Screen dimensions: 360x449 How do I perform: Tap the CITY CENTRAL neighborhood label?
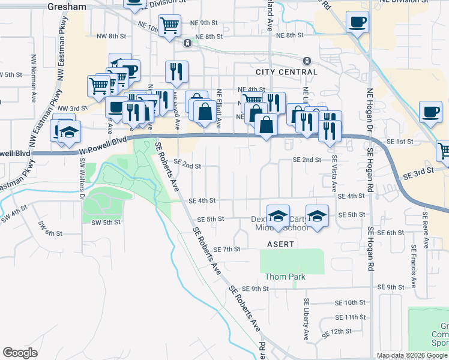click(286, 72)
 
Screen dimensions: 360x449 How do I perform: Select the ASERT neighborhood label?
click(280, 244)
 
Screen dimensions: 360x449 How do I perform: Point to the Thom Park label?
click(285, 277)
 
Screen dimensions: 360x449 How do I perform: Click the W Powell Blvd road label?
click(104, 145)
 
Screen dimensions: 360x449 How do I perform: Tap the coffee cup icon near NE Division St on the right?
click(357, 23)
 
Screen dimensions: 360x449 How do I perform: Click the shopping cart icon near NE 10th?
click(170, 26)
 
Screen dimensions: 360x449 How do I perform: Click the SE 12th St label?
click(336, 332)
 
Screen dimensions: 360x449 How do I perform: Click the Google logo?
click(20, 353)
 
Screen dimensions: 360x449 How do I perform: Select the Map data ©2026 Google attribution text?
click(411, 355)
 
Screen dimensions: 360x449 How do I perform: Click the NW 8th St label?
click(112, 36)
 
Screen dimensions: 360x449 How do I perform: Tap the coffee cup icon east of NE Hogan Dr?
click(430, 112)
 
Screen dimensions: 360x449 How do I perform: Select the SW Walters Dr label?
click(82, 176)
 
